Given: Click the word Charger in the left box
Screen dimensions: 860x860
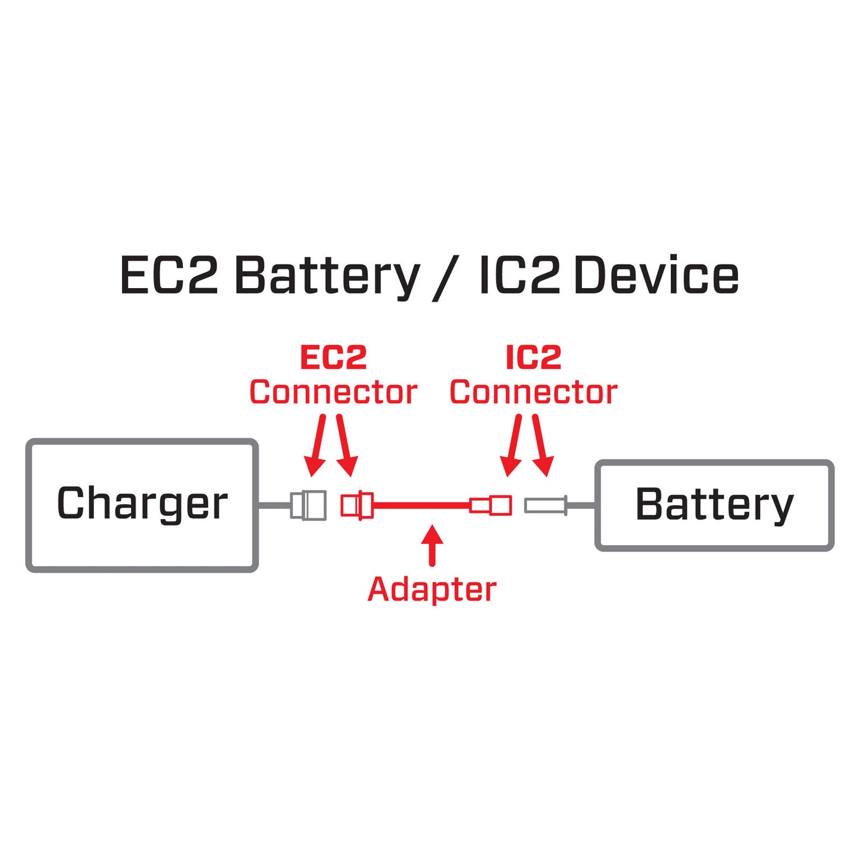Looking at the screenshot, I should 142,504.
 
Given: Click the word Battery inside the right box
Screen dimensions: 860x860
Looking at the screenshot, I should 714,505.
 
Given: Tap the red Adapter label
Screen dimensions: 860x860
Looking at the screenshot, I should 431,589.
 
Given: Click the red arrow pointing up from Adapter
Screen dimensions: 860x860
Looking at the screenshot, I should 432,545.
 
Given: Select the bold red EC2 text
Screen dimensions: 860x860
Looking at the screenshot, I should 333,358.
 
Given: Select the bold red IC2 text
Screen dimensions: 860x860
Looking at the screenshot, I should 533,358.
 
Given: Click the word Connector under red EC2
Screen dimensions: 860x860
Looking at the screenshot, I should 333,392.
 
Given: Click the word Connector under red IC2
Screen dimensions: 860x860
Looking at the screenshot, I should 533,392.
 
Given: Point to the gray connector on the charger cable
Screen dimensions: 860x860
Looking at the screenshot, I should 308,505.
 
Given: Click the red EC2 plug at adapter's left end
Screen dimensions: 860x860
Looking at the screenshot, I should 356,505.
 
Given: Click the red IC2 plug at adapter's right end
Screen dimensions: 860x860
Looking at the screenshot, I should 491,505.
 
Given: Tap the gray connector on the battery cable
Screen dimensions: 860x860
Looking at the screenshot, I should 545,506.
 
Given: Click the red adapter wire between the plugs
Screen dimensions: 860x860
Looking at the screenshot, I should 420,505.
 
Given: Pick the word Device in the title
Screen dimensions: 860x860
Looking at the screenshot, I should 656,276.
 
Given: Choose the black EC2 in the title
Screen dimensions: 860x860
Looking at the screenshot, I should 169,276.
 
